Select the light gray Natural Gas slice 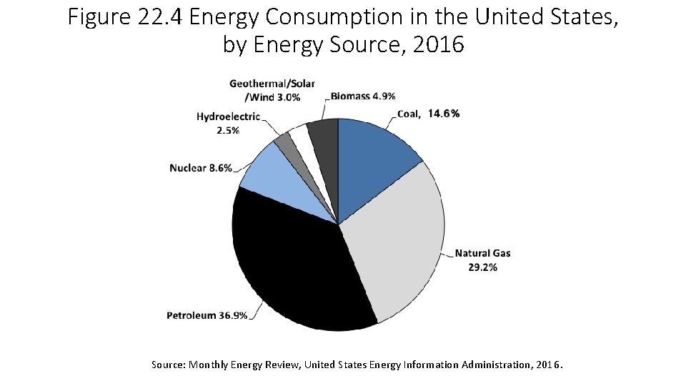point(397,243)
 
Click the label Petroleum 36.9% point(207,315)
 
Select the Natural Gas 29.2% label point(482,260)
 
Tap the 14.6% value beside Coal point(444,114)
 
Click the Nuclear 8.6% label point(201,169)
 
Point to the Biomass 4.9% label point(363,96)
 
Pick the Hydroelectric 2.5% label point(228,124)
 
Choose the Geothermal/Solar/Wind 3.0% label point(272,91)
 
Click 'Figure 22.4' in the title point(126,16)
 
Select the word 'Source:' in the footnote point(169,365)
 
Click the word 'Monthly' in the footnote point(211,365)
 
